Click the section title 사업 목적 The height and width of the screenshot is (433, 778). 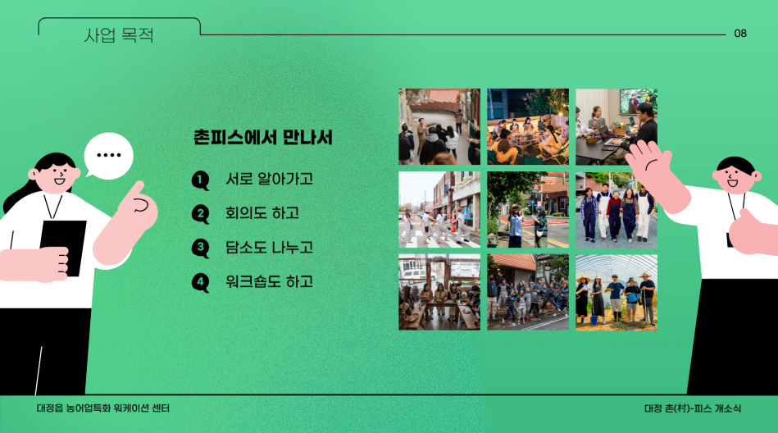[x=119, y=35]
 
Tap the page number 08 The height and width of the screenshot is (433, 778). [x=740, y=34]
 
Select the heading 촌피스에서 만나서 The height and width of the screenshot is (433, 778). [x=263, y=138]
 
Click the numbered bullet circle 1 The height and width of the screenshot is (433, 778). [x=200, y=180]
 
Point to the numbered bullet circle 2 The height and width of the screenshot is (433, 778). [x=200, y=214]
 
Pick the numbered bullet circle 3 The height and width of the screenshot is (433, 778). [x=200, y=248]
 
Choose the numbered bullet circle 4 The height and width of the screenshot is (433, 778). [x=200, y=283]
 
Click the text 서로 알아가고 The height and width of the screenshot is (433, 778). [x=269, y=179]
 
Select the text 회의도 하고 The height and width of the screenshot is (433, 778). [x=262, y=213]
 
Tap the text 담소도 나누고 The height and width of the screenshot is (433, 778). [x=269, y=248]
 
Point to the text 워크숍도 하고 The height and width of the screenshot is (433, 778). [x=269, y=282]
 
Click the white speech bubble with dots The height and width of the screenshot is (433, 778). [x=108, y=156]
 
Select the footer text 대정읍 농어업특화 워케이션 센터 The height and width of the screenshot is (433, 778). [x=103, y=408]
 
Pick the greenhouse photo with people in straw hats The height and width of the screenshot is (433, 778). [x=616, y=293]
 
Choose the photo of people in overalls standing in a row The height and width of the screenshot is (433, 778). [x=616, y=210]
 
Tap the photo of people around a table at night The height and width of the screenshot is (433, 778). [x=528, y=127]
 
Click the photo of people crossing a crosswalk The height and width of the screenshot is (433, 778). [x=439, y=210]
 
